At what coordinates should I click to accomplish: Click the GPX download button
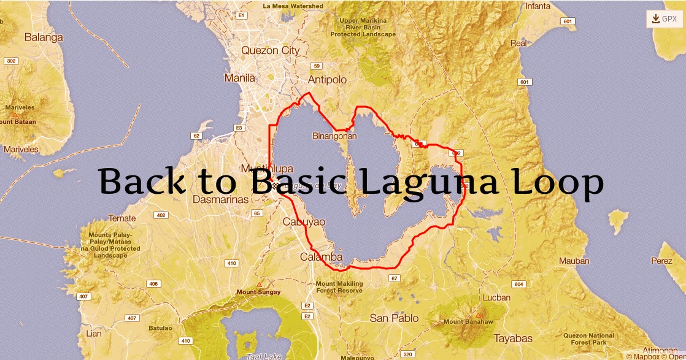tap(664, 19)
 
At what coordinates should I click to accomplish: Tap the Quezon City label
tap(271, 51)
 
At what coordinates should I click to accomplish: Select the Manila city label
tap(240, 78)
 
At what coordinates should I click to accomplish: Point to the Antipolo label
tap(327, 80)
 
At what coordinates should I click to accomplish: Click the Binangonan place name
tap(334, 136)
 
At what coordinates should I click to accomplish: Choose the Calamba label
tap(321, 257)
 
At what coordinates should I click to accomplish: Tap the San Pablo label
tap(394, 318)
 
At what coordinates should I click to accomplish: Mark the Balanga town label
tap(44, 37)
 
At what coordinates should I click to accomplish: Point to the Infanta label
tap(538, 6)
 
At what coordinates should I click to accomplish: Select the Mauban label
tap(574, 261)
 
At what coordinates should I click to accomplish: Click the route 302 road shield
tap(11, 61)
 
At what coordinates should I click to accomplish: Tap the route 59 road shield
tap(317, 66)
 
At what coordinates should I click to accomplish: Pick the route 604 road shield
tap(518, 284)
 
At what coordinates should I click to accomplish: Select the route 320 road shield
tap(407, 354)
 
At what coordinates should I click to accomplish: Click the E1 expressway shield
tap(242, 15)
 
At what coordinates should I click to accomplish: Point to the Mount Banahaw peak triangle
tap(478, 315)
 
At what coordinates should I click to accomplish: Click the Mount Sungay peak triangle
tap(259, 285)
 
